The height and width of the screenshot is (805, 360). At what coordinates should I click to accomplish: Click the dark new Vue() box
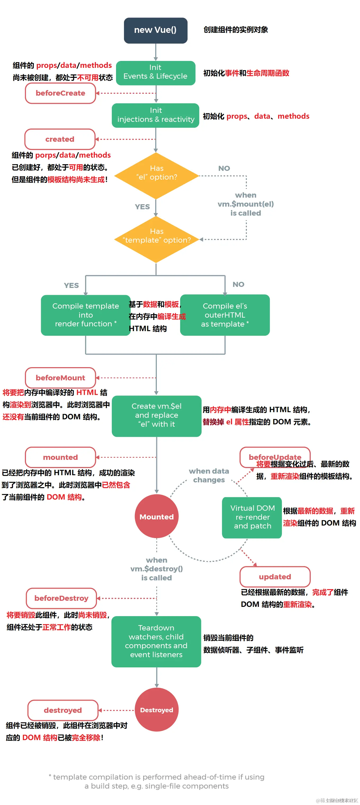pos(155,30)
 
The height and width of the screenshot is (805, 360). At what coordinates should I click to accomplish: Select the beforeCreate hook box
pos(60,93)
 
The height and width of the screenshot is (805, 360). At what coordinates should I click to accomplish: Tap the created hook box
pos(60,139)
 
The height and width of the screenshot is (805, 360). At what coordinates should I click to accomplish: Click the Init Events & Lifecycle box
pos(155,73)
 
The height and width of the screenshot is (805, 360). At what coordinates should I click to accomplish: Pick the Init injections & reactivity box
pos(155,115)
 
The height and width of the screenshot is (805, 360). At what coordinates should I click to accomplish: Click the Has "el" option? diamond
pos(156,175)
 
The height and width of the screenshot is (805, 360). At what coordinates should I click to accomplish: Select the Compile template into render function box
pos(85,315)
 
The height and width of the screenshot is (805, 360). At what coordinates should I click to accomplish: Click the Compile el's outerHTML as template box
pos(225,315)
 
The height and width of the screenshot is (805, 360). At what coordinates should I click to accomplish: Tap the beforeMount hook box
pos(60,377)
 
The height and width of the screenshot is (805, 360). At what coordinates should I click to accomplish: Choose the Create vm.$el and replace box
pos(156,416)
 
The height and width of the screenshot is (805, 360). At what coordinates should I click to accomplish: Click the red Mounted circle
pos(156,517)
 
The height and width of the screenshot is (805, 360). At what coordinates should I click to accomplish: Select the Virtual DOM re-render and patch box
pos(252,517)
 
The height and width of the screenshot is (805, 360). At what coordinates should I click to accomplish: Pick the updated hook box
pos(275,577)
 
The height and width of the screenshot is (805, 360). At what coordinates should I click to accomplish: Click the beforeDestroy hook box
pos(61,598)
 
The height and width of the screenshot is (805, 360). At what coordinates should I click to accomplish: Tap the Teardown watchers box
pos(156,641)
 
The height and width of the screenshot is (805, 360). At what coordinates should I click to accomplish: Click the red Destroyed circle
pos(156,710)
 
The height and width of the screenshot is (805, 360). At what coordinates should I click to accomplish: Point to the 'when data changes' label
pos(209,475)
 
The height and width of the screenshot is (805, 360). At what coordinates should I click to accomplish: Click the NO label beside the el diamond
pos(224,168)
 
